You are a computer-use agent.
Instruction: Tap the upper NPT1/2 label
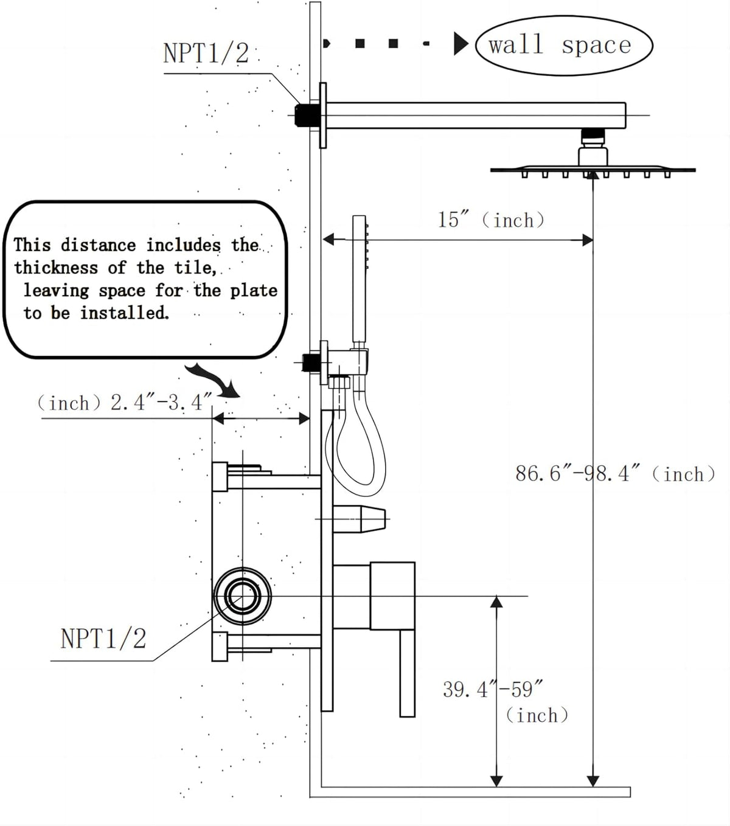pyautogui.click(x=206, y=53)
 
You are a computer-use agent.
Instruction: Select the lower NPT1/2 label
pyautogui.click(x=103, y=639)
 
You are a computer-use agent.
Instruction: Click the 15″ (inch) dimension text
pyautogui.click(x=491, y=220)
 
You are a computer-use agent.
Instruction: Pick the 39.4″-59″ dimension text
pyautogui.click(x=493, y=690)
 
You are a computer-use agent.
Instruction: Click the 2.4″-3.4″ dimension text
pyautogui.click(x=161, y=403)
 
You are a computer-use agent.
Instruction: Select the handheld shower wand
pyautogui.click(x=360, y=281)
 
